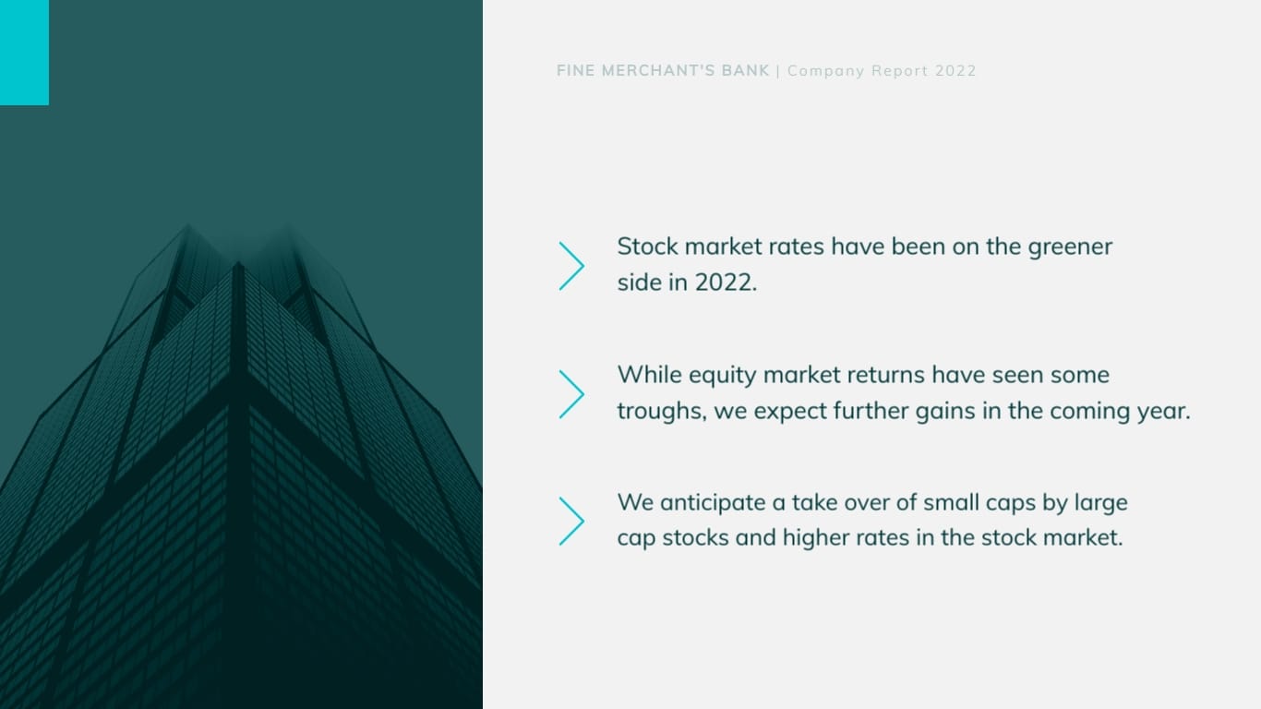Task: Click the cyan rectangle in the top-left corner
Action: click(x=24, y=52)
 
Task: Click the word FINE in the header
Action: click(x=575, y=71)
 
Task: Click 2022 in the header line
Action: click(x=955, y=71)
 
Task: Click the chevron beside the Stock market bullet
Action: click(x=571, y=266)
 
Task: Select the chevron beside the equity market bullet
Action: click(x=571, y=394)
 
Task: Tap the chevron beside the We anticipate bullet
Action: click(x=571, y=521)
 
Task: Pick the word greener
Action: click(x=1070, y=247)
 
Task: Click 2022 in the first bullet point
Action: click(x=726, y=282)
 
